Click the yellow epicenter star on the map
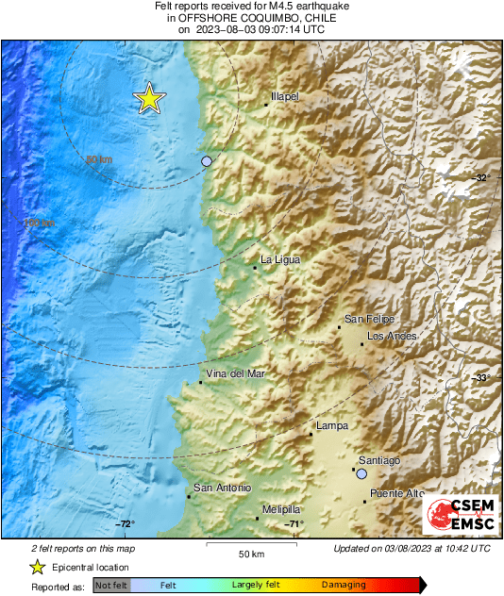point(148,99)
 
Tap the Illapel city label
point(285,97)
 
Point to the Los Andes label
point(392,336)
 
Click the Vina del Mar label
point(235,374)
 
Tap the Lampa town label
point(332,426)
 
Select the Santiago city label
point(379,459)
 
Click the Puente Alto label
point(397,493)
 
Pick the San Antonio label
point(222,488)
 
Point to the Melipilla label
point(281,509)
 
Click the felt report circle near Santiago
point(361,474)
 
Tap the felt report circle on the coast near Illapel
point(207,161)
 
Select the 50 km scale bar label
point(250,553)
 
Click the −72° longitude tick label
point(125,524)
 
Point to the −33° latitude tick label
point(480,378)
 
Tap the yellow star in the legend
point(37,567)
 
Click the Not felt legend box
point(110,585)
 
